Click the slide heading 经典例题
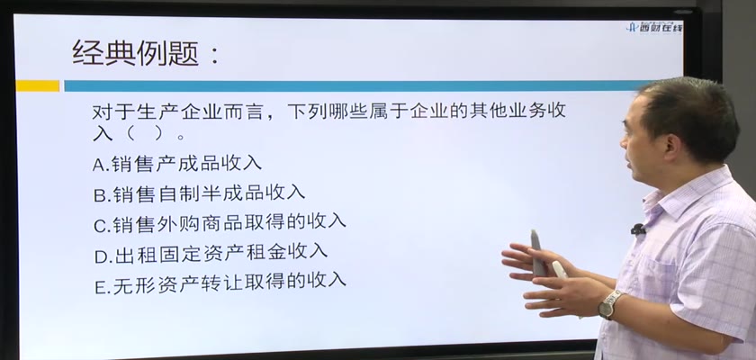[x=136, y=52]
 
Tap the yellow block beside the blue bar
[x=38, y=85]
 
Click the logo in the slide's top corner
[x=654, y=27]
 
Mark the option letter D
[x=101, y=256]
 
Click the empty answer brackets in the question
[x=144, y=134]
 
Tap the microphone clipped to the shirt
[x=638, y=229]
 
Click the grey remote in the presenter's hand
[x=538, y=253]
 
